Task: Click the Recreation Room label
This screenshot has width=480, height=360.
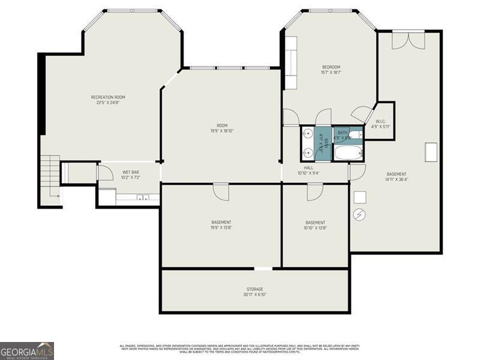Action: click(108, 97)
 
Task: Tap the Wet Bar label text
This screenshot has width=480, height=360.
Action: click(131, 172)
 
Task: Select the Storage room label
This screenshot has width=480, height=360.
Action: click(254, 289)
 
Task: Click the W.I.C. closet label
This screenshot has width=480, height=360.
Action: click(380, 121)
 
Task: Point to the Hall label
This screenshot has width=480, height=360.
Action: click(308, 168)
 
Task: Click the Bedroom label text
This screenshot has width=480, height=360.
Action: click(331, 67)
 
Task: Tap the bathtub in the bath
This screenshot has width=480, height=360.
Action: click(348, 152)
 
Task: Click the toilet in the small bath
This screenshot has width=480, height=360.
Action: click(355, 134)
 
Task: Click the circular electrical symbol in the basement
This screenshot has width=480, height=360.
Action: click(359, 214)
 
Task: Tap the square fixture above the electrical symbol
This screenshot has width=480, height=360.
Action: click(359, 197)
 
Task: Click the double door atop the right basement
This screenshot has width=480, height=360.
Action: click(409, 40)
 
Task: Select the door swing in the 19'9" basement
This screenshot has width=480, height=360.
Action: click(221, 192)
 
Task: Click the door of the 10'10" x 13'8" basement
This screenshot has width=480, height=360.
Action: click(315, 192)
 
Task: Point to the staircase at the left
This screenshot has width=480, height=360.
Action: click(51, 176)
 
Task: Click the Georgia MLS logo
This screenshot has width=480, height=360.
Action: click(27, 350)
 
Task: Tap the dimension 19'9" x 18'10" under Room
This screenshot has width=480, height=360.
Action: click(222, 131)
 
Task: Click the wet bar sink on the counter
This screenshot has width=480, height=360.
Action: click(143, 197)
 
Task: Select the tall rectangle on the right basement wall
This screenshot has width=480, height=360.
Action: click(431, 152)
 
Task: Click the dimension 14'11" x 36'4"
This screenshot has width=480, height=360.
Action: click(396, 179)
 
